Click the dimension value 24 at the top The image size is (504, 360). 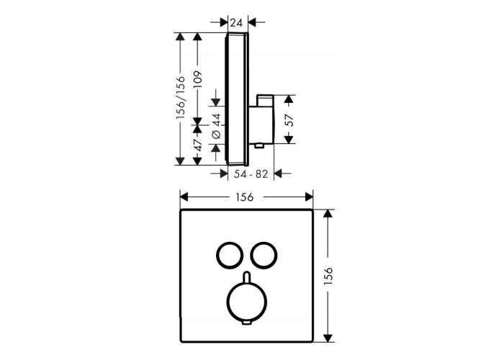point(236,23)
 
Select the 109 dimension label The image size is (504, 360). point(198,80)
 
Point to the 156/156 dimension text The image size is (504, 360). point(180,98)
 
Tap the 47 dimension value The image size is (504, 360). point(198,145)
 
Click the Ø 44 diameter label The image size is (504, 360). point(216,126)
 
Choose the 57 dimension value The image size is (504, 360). point(289,120)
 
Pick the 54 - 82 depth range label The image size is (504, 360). point(251,174)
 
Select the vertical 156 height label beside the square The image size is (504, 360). point(328,276)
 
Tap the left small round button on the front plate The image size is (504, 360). point(217,254)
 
